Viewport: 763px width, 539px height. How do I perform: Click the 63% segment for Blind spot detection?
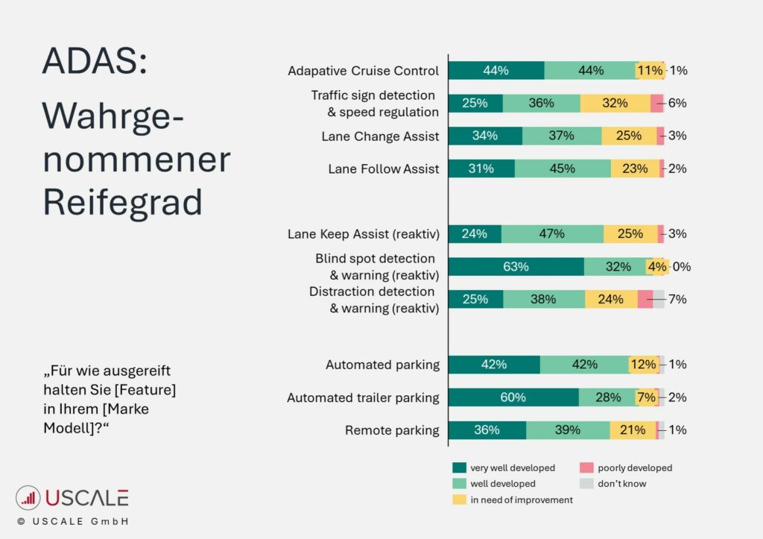(516, 267)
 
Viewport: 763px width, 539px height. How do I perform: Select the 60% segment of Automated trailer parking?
(513, 397)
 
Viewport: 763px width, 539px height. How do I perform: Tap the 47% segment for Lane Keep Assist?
(552, 234)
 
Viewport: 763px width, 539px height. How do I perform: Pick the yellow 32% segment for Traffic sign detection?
(615, 104)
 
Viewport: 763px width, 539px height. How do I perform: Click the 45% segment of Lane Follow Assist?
(563, 169)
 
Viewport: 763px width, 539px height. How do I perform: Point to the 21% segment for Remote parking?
(633, 430)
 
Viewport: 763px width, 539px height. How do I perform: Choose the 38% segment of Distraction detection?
(544, 300)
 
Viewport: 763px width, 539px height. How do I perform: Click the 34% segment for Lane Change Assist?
(485, 136)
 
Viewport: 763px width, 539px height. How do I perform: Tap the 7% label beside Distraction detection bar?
(677, 300)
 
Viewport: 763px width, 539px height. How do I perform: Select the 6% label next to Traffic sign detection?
(677, 104)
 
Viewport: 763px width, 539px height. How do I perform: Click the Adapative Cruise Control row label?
(363, 72)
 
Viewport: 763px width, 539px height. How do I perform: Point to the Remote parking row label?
(392, 430)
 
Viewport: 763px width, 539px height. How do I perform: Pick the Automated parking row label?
(382, 365)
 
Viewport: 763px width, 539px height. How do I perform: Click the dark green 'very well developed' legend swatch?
(460, 468)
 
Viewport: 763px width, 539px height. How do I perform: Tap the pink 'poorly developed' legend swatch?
(586, 468)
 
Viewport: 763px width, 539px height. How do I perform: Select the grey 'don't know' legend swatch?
(586, 484)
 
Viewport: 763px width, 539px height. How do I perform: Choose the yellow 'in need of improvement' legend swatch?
(460, 499)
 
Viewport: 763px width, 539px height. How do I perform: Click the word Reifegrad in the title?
(121, 201)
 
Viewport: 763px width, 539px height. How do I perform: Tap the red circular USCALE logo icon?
(28, 498)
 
